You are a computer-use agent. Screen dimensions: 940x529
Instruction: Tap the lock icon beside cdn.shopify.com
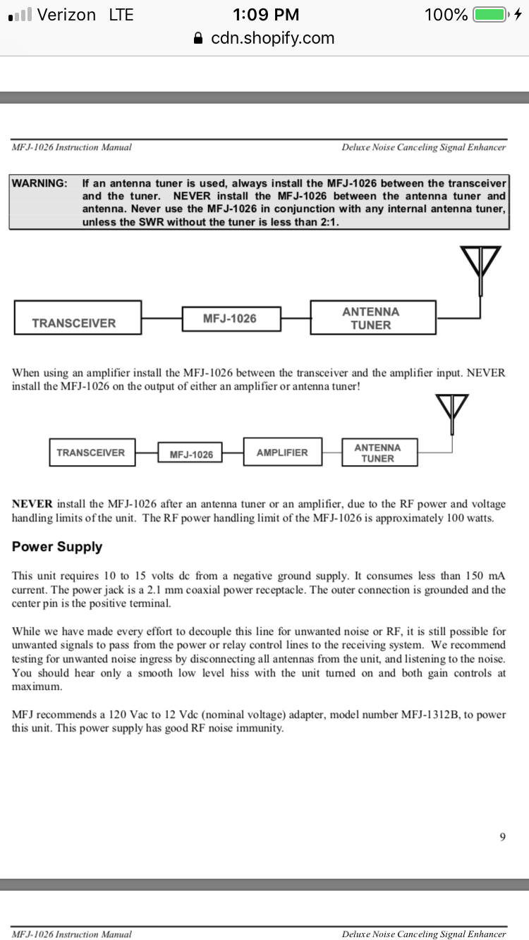[199, 38]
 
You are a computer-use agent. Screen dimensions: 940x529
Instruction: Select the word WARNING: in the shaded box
[39, 183]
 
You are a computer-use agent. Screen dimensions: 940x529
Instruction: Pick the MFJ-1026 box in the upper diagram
[231, 319]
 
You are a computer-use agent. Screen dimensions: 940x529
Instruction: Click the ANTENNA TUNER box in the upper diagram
[372, 318]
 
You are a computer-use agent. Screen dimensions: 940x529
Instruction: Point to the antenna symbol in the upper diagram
[480, 268]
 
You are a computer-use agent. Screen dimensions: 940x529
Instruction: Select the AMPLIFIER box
[282, 452]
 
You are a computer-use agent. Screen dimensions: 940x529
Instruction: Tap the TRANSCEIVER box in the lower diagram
[91, 452]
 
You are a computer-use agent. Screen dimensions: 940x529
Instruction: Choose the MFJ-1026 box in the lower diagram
[190, 454]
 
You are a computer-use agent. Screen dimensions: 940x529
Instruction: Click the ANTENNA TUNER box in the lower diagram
[378, 452]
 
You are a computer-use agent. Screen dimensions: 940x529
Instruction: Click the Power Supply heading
[57, 547]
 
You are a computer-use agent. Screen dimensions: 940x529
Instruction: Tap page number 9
[502, 836]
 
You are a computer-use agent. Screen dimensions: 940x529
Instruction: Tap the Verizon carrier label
[66, 15]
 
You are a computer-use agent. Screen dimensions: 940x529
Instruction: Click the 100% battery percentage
[446, 15]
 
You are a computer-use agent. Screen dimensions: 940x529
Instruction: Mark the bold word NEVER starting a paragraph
[32, 504]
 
